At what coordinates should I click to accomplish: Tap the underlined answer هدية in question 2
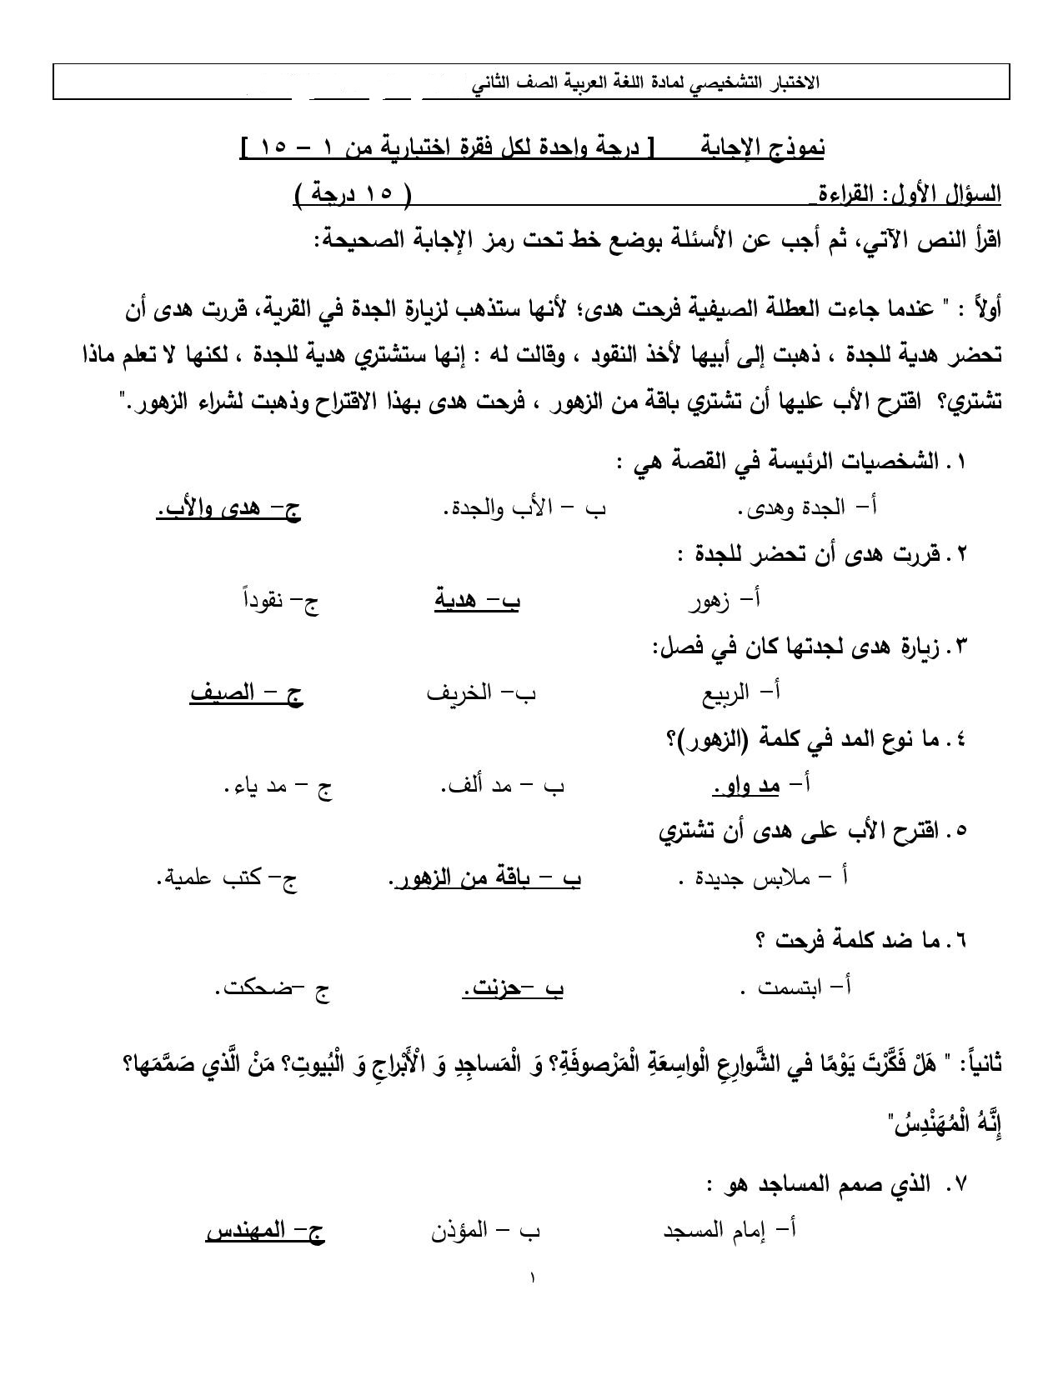click(477, 600)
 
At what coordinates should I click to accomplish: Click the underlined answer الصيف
click(246, 692)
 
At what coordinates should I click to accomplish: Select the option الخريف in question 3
click(481, 692)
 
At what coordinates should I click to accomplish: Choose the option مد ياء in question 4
click(278, 785)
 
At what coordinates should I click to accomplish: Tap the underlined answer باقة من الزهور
click(485, 878)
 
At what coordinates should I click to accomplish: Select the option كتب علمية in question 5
click(226, 878)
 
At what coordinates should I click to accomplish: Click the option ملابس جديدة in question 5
click(764, 878)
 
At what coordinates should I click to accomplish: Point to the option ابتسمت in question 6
click(796, 988)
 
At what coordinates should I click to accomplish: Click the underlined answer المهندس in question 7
click(264, 1230)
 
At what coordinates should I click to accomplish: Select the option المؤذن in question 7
click(485, 1230)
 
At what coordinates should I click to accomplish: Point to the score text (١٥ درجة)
click(353, 194)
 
